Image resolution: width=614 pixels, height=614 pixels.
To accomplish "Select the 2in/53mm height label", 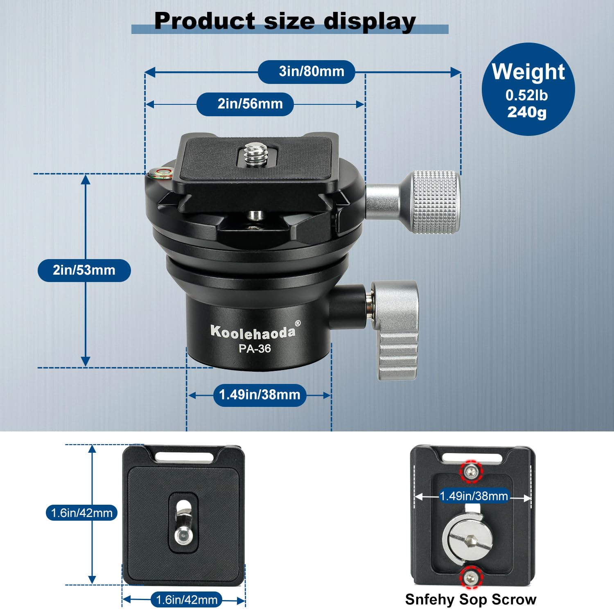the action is pyautogui.click(x=84, y=270).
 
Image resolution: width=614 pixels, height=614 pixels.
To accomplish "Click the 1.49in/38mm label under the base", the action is pyautogui.click(x=260, y=395).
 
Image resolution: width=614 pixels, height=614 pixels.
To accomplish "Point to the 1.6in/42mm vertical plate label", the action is pyautogui.click(x=81, y=513).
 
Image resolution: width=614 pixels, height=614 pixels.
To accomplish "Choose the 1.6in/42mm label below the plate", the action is pyautogui.click(x=186, y=600).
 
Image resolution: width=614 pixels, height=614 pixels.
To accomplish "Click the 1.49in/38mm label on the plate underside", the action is pyautogui.click(x=474, y=496).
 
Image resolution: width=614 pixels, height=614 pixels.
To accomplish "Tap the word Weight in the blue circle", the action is pyautogui.click(x=528, y=72).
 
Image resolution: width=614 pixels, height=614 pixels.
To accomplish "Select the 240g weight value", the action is pyautogui.click(x=527, y=112).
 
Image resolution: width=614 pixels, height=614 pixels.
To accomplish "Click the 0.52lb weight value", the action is pyautogui.click(x=526, y=95).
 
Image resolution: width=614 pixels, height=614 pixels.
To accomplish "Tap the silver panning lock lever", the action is pyautogui.click(x=395, y=330).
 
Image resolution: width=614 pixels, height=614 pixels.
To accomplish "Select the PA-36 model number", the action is pyautogui.click(x=255, y=348).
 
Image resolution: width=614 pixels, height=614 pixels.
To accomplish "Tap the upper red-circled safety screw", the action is pyautogui.click(x=472, y=472).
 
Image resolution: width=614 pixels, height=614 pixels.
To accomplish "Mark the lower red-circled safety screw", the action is pyautogui.click(x=471, y=578).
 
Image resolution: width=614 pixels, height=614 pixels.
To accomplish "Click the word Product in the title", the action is pyautogui.click(x=205, y=21).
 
